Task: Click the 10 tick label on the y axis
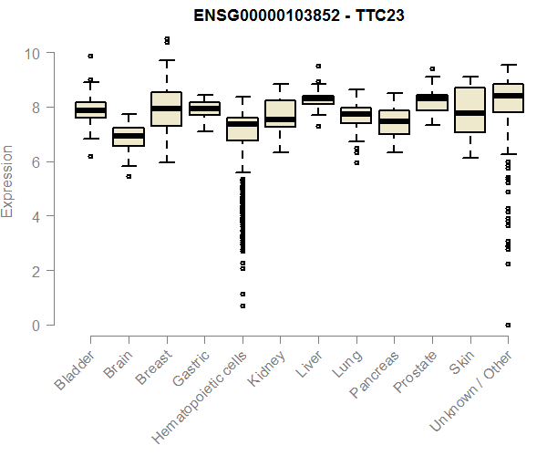click(x=33, y=53)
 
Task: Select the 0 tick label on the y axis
click(x=36, y=326)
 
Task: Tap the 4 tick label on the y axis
click(x=36, y=216)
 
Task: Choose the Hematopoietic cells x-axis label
click(x=202, y=393)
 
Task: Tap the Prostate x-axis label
click(x=412, y=373)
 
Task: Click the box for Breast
click(x=166, y=109)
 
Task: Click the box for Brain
click(x=128, y=136)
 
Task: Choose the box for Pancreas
click(x=394, y=122)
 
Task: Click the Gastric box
click(x=203, y=109)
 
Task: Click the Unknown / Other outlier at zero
click(x=508, y=325)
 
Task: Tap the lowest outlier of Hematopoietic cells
click(x=243, y=306)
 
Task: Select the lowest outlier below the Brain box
click(x=128, y=176)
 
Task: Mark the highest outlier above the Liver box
click(x=318, y=66)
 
